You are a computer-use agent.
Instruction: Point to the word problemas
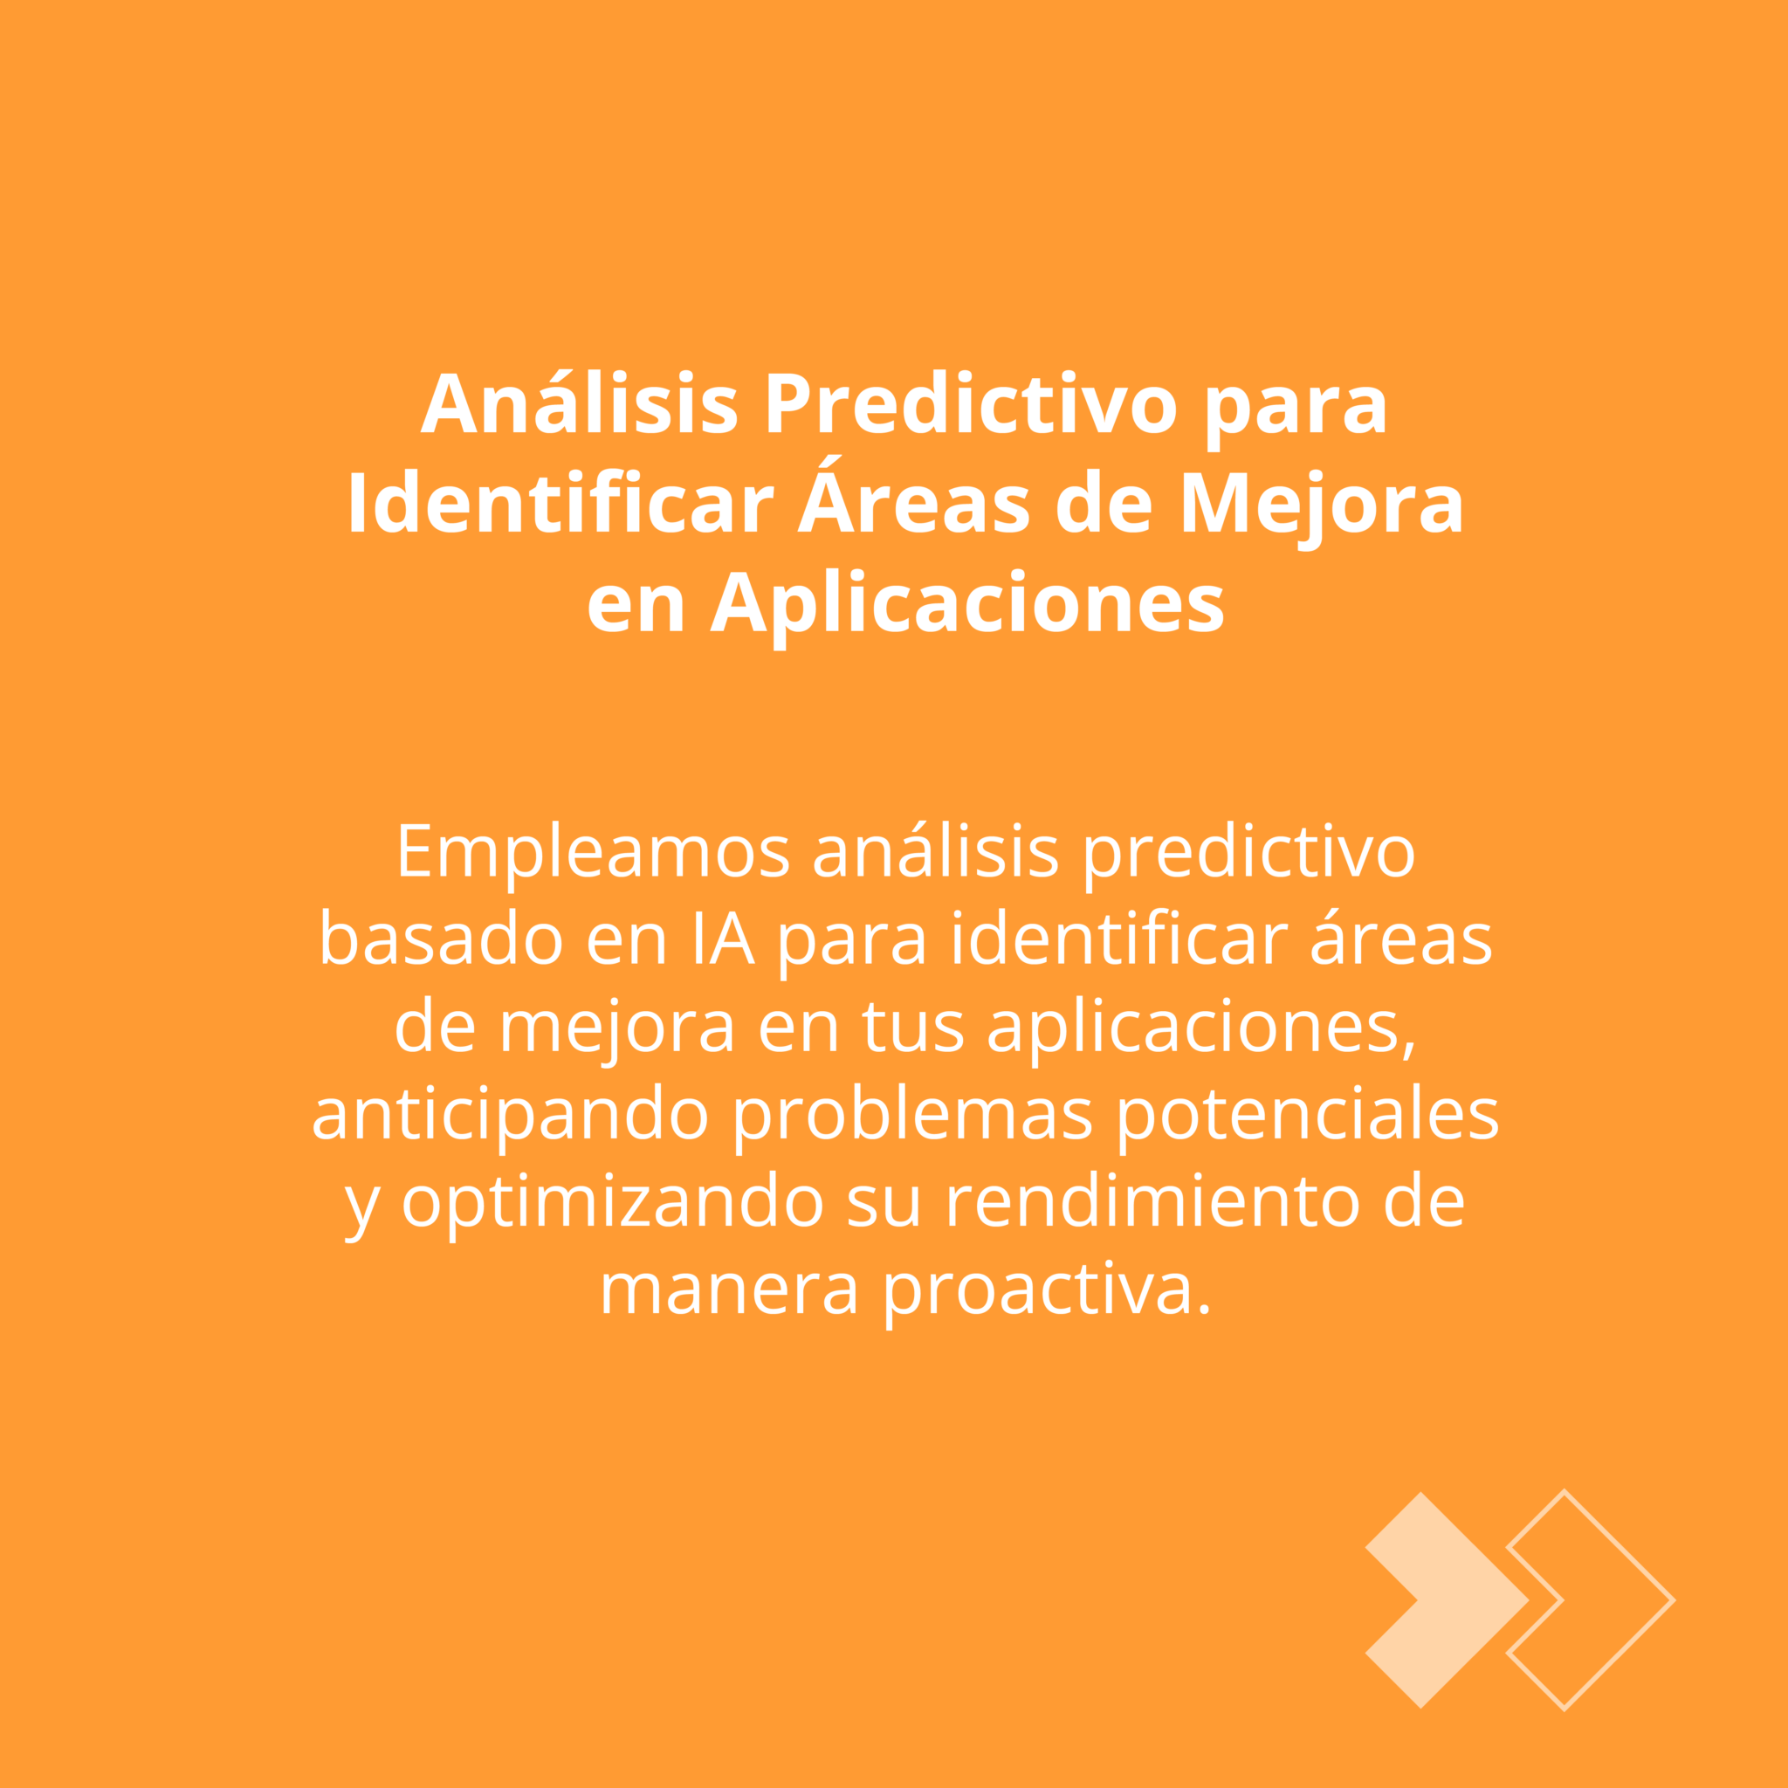pos(913,1116)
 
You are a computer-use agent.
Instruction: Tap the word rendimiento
pos(1152,1201)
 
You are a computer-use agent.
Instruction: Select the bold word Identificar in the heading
pos(560,504)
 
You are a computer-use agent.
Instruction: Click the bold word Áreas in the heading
pos(913,497)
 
